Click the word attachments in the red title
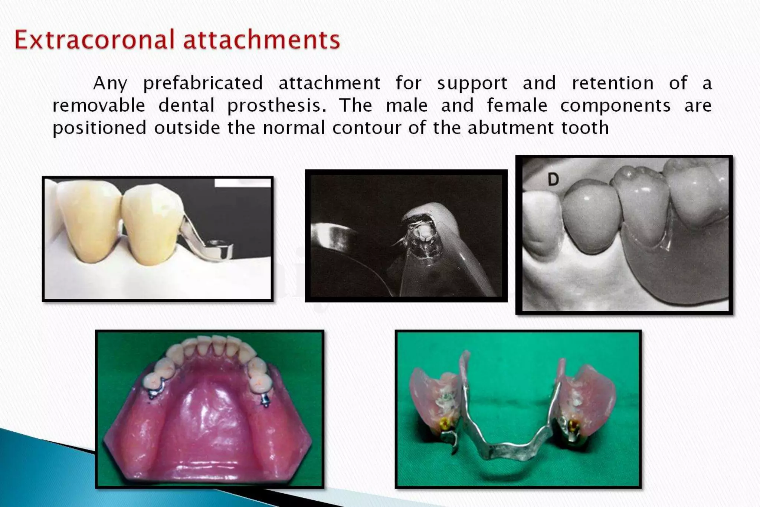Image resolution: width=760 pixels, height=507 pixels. [x=262, y=40]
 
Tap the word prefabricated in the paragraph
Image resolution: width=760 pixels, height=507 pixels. [x=203, y=83]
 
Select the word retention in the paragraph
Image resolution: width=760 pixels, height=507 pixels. [x=613, y=83]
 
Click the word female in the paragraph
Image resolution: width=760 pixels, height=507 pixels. [x=517, y=105]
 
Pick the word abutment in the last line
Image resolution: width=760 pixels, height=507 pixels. [x=511, y=128]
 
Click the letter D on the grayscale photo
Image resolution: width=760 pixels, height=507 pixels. [x=553, y=180]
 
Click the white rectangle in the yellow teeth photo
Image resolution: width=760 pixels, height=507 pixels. [x=243, y=183]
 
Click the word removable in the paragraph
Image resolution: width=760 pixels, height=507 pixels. [x=99, y=105]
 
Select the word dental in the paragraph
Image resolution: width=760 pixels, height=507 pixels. [x=187, y=105]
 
